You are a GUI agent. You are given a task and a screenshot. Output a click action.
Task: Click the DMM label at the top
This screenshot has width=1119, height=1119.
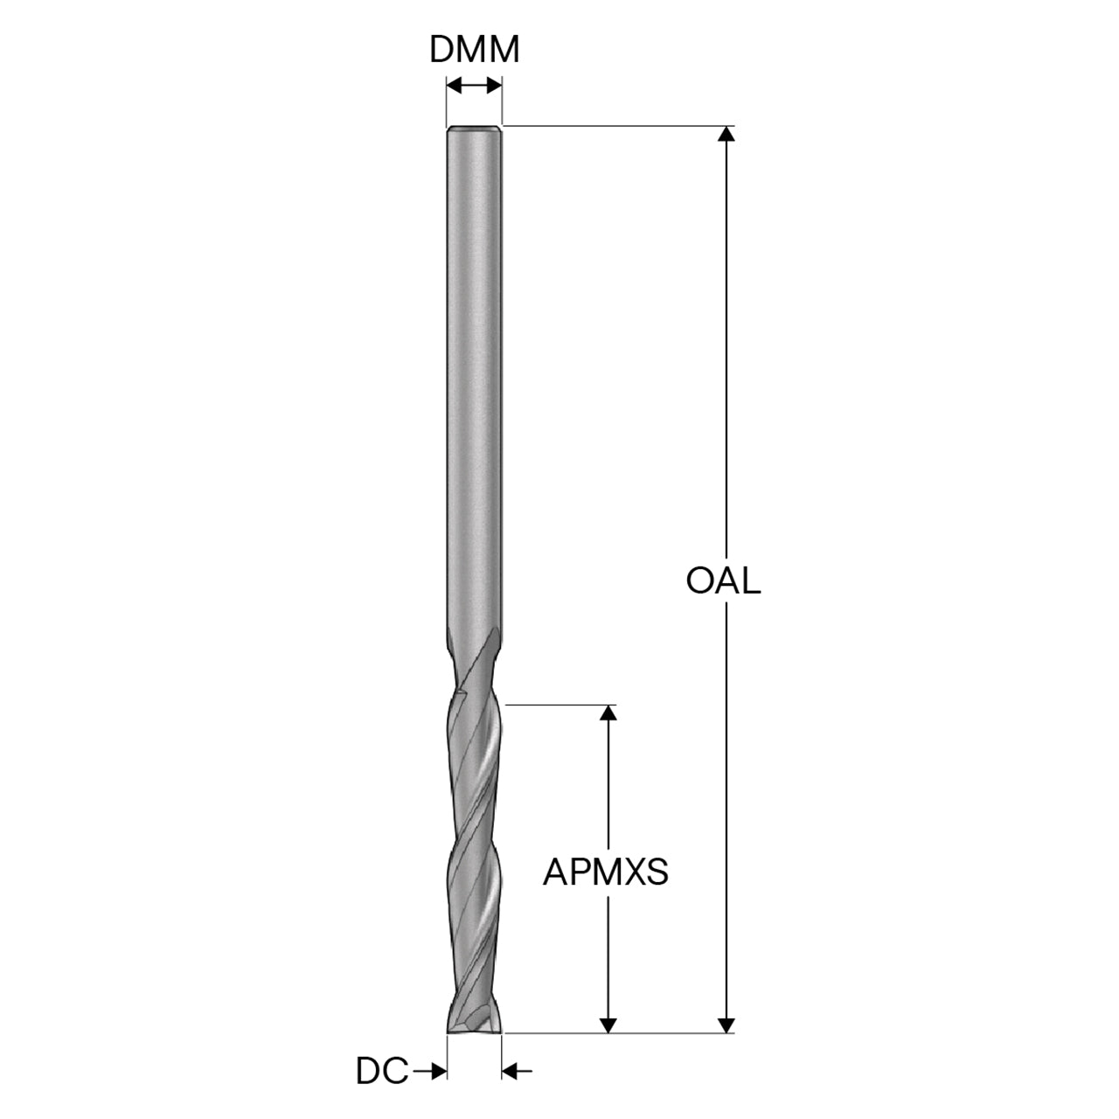[474, 50]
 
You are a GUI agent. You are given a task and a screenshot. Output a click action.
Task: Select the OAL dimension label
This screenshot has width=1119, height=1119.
[723, 580]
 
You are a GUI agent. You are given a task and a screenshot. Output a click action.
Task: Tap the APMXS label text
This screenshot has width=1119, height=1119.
[605, 872]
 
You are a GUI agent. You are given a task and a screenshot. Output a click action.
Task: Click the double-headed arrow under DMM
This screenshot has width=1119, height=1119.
[474, 87]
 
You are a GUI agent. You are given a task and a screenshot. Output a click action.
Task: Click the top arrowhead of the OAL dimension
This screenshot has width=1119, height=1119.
[726, 134]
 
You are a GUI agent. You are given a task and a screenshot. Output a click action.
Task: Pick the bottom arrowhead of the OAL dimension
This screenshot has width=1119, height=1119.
[726, 1025]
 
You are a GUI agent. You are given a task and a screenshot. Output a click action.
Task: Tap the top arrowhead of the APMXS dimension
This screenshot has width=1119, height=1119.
[608, 712]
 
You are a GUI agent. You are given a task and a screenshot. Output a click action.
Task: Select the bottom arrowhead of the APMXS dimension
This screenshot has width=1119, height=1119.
[608, 1025]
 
